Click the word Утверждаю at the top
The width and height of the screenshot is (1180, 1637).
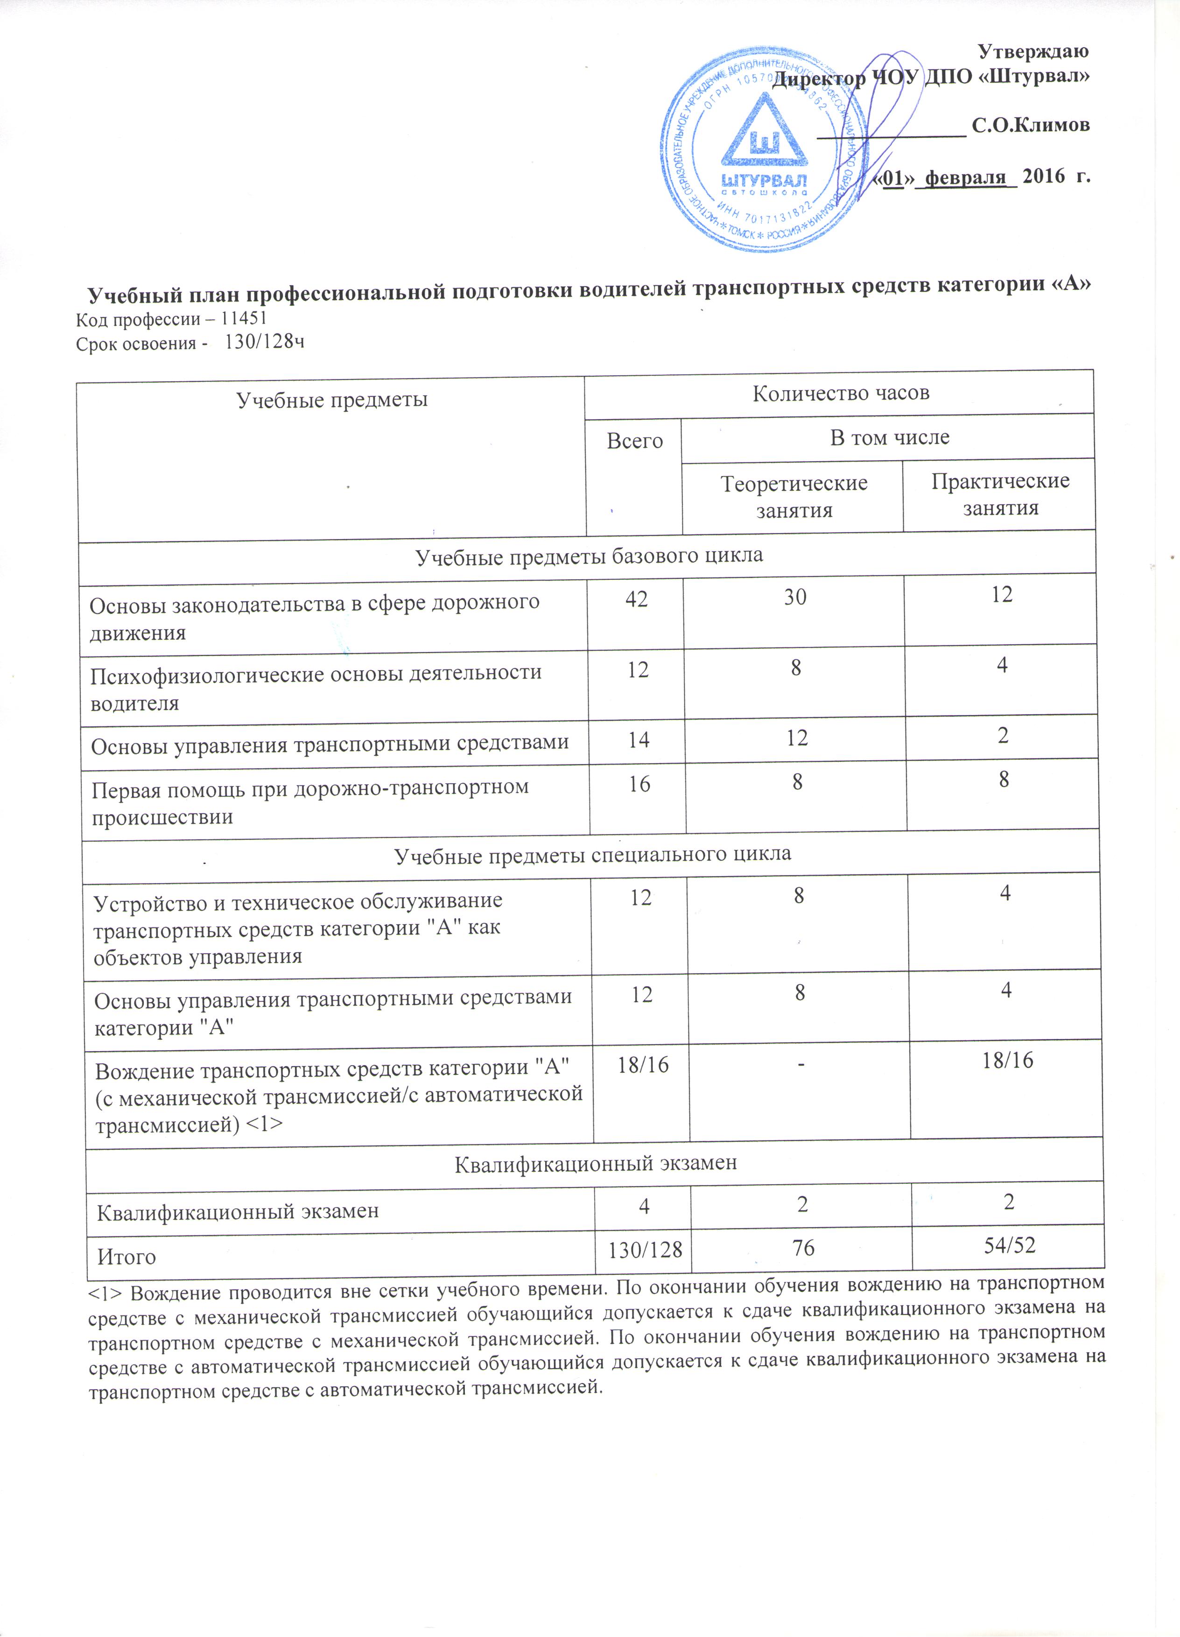pos(1033,51)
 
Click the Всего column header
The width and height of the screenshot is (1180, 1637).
pos(634,441)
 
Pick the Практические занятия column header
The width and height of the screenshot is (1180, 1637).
pos(1000,494)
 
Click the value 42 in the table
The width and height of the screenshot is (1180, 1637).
pos(636,598)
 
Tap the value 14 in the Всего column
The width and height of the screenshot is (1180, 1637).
pos(638,740)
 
